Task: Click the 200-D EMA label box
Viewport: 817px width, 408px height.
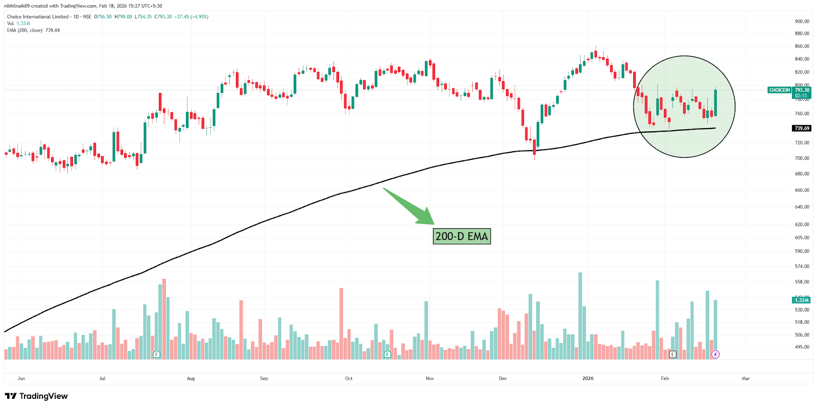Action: click(462, 236)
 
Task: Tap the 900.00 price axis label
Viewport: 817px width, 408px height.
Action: click(802, 21)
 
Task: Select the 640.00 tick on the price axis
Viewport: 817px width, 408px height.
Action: click(802, 207)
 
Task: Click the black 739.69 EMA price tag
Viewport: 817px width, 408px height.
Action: click(802, 128)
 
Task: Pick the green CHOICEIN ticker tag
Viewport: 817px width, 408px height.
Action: click(779, 90)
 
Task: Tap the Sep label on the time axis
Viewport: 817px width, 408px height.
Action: click(264, 378)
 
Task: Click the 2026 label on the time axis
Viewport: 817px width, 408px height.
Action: click(588, 378)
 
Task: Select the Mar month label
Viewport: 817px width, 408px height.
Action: click(746, 378)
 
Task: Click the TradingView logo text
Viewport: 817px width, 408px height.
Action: click(43, 396)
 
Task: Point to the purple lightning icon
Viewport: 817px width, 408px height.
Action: click(715, 354)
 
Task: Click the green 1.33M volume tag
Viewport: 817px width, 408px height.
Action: click(801, 300)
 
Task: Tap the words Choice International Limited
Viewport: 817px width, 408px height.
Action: click(38, 17)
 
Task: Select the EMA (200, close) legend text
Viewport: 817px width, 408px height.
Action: click(25, 30)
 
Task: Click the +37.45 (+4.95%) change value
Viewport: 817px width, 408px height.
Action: click(191, 17)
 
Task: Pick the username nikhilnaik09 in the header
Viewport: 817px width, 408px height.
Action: click(17, 6)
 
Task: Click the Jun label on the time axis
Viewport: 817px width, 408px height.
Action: click(21, 378)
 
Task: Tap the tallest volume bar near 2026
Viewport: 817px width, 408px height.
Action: click(580, 316)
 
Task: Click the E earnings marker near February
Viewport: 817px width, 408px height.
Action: click(672, 354)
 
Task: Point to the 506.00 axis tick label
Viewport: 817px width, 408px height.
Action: click(802, 335)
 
